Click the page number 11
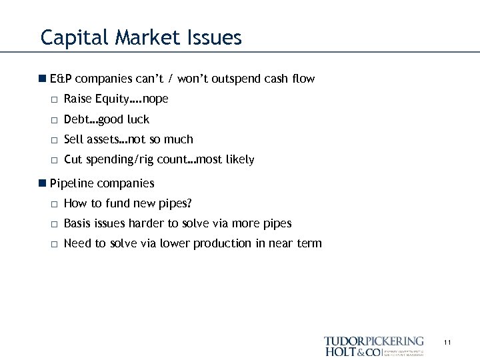click(447, 343)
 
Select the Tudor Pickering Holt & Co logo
click(373, 346)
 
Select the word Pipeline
click(72, 183)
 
